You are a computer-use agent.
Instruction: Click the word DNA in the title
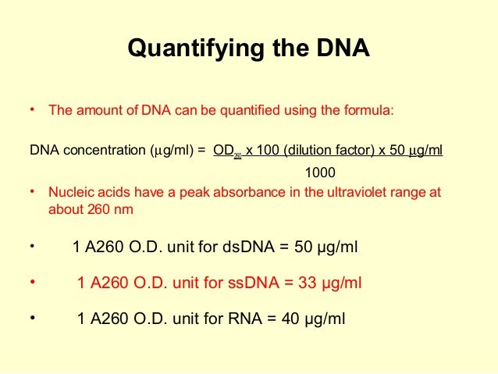click(337, 49)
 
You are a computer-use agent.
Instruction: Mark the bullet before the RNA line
click(33, 317)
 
